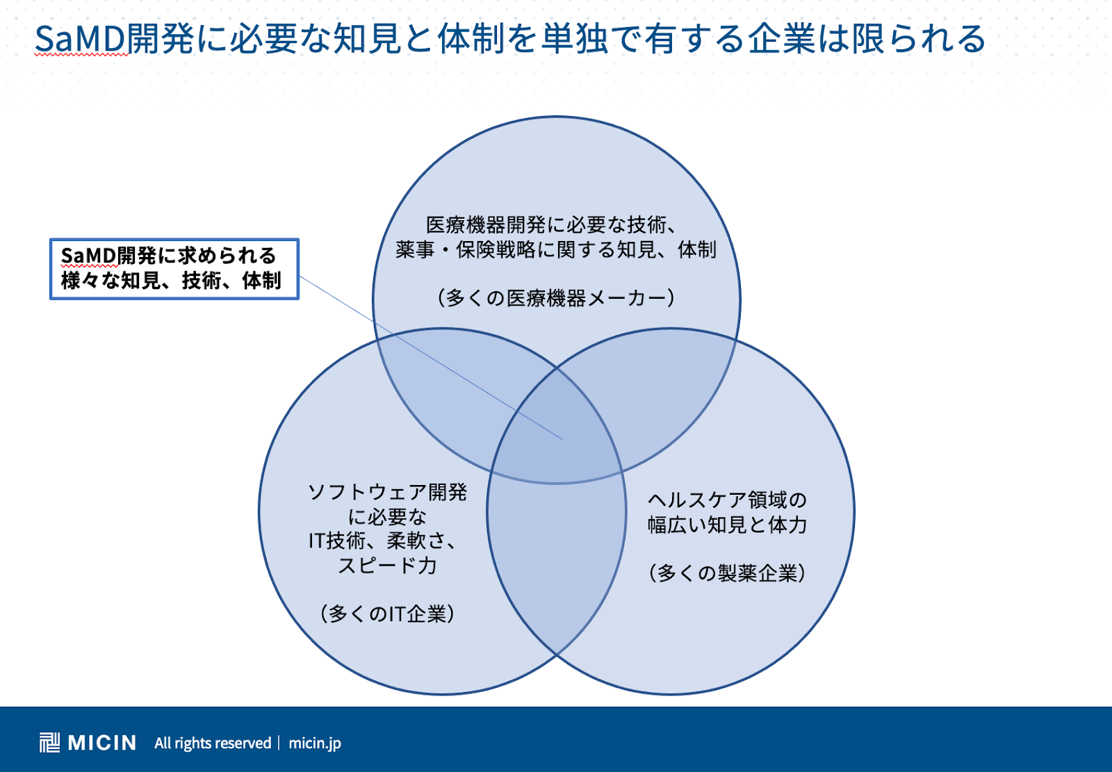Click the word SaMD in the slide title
coord(81,39)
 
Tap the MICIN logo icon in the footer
coord(49,743)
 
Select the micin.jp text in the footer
coord(315,744)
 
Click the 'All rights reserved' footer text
coord(213,744)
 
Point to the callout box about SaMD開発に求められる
coord(174,269)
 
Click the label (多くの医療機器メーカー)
coord(557,298)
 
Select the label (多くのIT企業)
coord(387,614)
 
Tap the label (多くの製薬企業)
coord(727,573)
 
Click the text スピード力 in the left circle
coord(387,566)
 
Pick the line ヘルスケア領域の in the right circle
coord(727,500)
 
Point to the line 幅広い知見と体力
coord(727,525)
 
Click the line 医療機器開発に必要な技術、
coord(552,225)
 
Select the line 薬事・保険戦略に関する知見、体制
coord(556,249)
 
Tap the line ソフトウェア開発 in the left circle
coord(387,492)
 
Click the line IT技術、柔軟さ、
coord(382,541)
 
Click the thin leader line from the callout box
coord(430,357)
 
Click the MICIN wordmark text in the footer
coord(101,743)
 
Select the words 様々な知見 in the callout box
coord(109,281)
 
